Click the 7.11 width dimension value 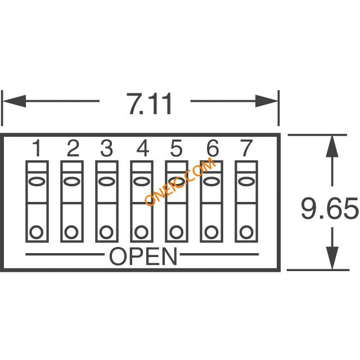coord(149,103)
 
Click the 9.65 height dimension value coord(330,209)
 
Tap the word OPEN coord(143,256)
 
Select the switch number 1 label coord(37,148)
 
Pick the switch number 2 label coord(73,148)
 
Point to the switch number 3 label coord(107,148)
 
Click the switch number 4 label coord(143,148)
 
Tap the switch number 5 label coord(176,148)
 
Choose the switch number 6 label coord(213,148)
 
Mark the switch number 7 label coord(246,148)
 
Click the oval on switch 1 coord(37,181)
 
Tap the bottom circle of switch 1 coord(37,232)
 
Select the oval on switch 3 coord(106,181)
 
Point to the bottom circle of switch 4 coord(141,232)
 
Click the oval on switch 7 coord(246,181)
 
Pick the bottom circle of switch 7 coord(246,232)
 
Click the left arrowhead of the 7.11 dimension coord(14,101)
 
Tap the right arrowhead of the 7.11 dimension coord(267,101)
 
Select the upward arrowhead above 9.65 coord(332,146)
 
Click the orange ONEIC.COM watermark coord(180,181)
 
